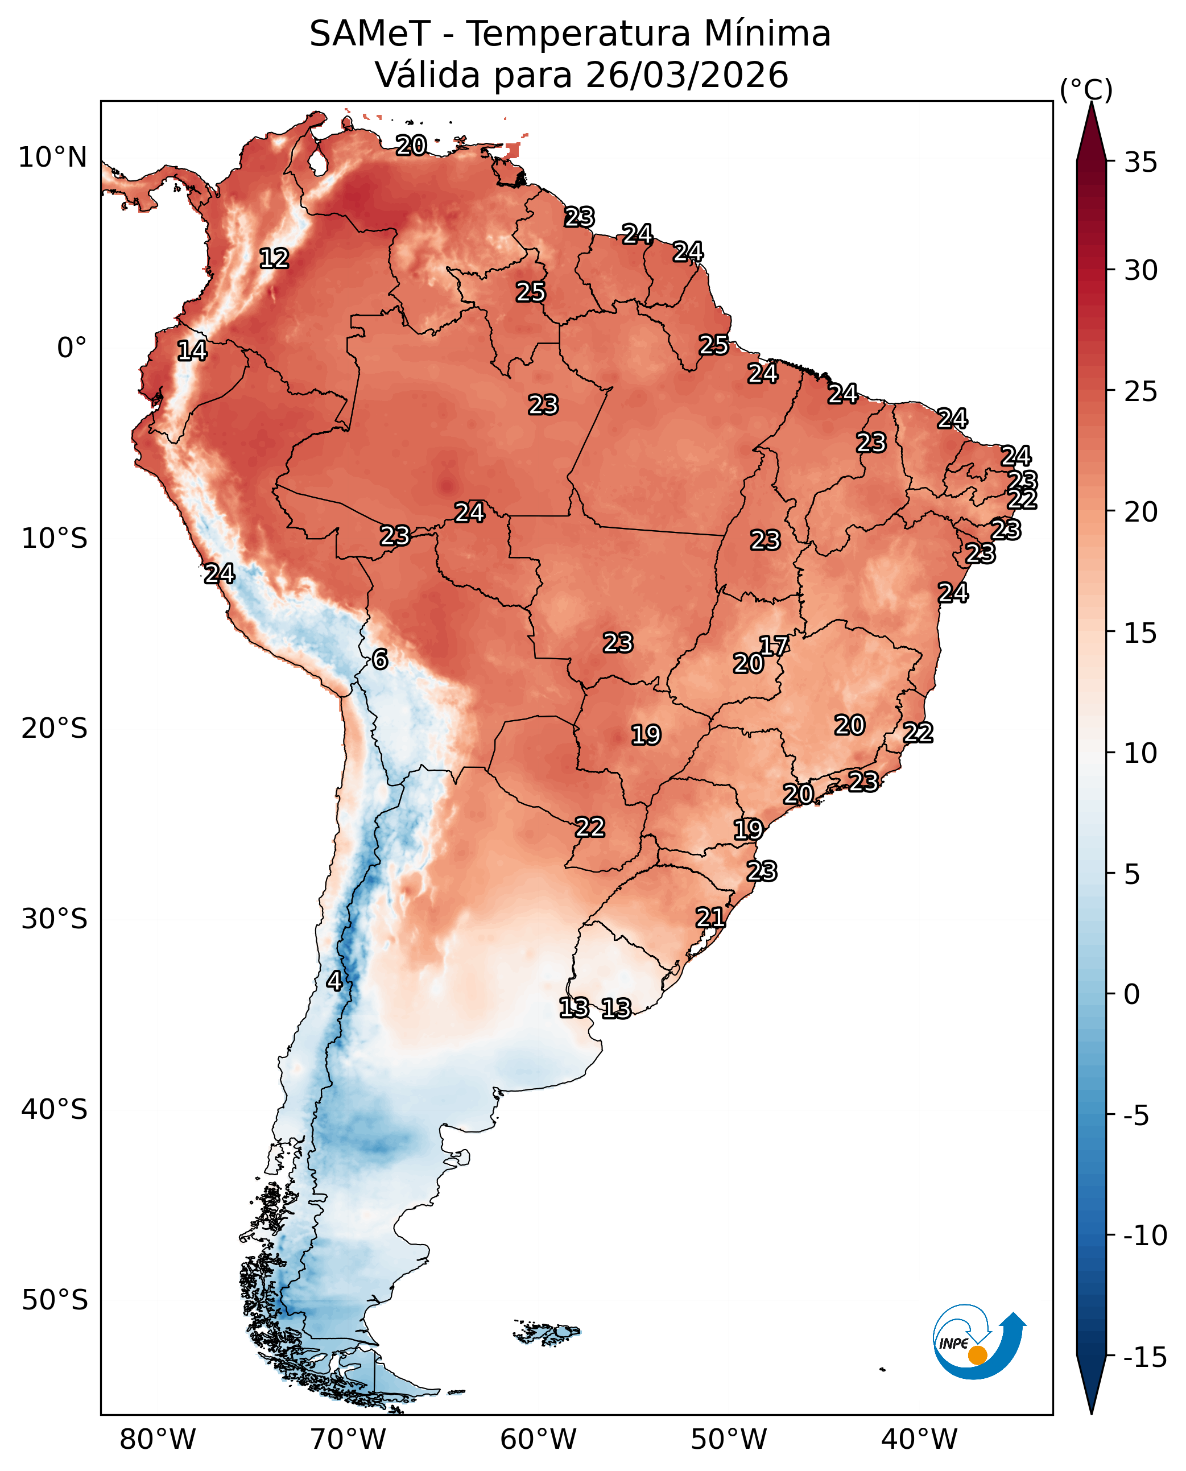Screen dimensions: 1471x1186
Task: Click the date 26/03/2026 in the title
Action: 687,75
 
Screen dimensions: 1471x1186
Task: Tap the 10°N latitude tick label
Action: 52,158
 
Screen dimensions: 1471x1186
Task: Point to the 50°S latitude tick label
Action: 54,1300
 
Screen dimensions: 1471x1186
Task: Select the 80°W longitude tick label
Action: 157,1438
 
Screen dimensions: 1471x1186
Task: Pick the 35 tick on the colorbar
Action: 1140,163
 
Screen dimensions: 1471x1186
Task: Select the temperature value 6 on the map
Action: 380,659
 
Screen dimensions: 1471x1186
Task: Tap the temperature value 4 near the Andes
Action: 334,981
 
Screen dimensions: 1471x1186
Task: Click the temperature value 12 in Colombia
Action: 274,258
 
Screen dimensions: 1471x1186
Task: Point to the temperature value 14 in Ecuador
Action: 192,350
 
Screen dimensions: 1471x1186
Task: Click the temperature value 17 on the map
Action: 774,646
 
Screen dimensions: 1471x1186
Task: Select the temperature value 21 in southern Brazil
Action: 710,917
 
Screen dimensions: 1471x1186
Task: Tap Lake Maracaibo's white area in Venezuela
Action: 317,163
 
